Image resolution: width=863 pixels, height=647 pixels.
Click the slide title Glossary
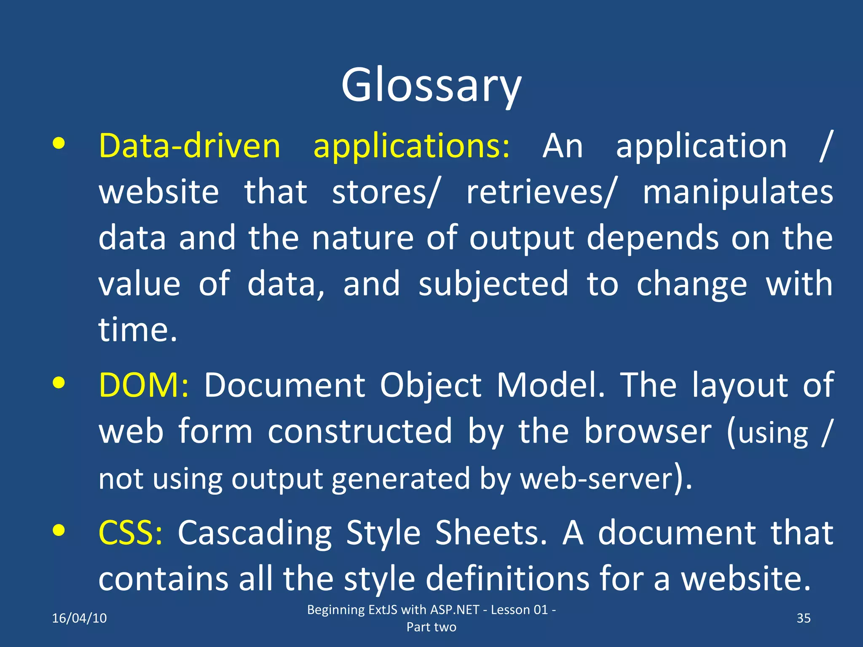(x=431, y=86)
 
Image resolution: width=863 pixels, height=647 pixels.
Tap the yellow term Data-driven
(x=189, y=146)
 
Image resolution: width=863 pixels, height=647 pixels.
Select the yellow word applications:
(x=411, y=146)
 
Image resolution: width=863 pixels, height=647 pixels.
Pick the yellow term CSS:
(x=130, y=532)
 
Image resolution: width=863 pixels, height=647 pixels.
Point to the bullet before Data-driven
(x=59, y=144)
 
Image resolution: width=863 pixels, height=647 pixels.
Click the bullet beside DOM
(x=59, y=383)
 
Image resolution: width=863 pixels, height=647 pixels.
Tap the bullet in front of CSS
(x=59, y=530)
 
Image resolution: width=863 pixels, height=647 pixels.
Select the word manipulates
(x=737, y=192)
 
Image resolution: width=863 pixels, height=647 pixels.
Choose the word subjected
(x=493, y=284)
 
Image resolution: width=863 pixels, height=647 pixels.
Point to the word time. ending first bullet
(x=137, y=329)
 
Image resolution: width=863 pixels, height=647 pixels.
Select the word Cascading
(x=255, y=532)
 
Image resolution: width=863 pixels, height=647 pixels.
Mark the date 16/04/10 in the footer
(x=79, y=618)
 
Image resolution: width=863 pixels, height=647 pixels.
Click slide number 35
(x=803, y=618)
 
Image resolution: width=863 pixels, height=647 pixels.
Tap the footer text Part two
(x=431, y=627)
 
